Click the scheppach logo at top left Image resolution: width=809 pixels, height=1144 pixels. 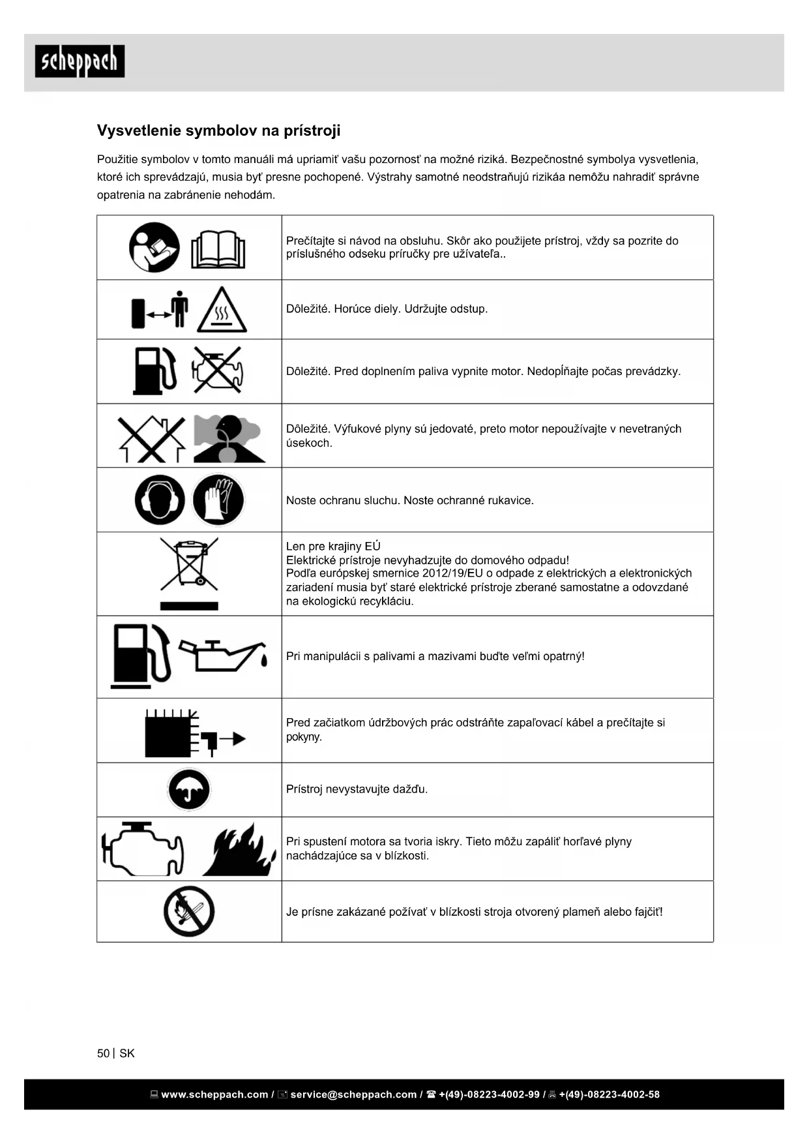click(x=80, y=61)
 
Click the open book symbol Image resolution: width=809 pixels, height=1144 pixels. click(x=218, y=249)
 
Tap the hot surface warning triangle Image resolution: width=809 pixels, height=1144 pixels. click(x=222, y=310)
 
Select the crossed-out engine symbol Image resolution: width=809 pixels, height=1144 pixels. click(x=218, y=370)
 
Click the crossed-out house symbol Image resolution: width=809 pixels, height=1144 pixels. click(x=151, y=438)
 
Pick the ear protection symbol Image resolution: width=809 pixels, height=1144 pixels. click(x=160, y=500)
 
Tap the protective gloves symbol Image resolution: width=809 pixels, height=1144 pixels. click(x=218, y=500)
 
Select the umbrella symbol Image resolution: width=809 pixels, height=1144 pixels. click(x=189, y=789)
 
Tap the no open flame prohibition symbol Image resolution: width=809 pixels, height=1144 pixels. click(x=189, y=911)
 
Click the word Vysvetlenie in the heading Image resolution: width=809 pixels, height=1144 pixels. click(x=139, y=130)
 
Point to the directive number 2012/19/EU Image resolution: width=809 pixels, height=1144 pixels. click(x=452, y=573)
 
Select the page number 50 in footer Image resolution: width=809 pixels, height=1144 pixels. click(x=103, y=1053)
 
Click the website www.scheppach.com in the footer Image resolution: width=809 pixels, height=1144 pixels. click(x=214, y=1094)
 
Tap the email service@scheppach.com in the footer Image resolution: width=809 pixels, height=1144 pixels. click(x=353, y=1094)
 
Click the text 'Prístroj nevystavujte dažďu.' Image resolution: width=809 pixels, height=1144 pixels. click(x=357, y=789)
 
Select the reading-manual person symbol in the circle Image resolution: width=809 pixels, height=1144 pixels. click(x=154, y=248)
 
